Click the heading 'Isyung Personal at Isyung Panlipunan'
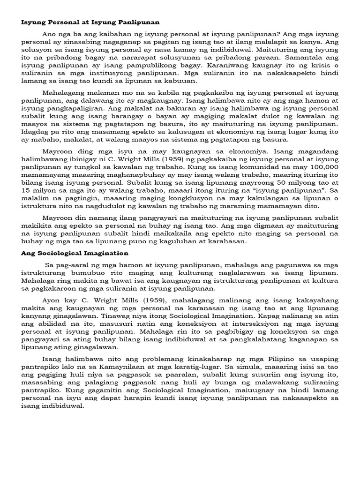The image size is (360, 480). click(x=90, y=22)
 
